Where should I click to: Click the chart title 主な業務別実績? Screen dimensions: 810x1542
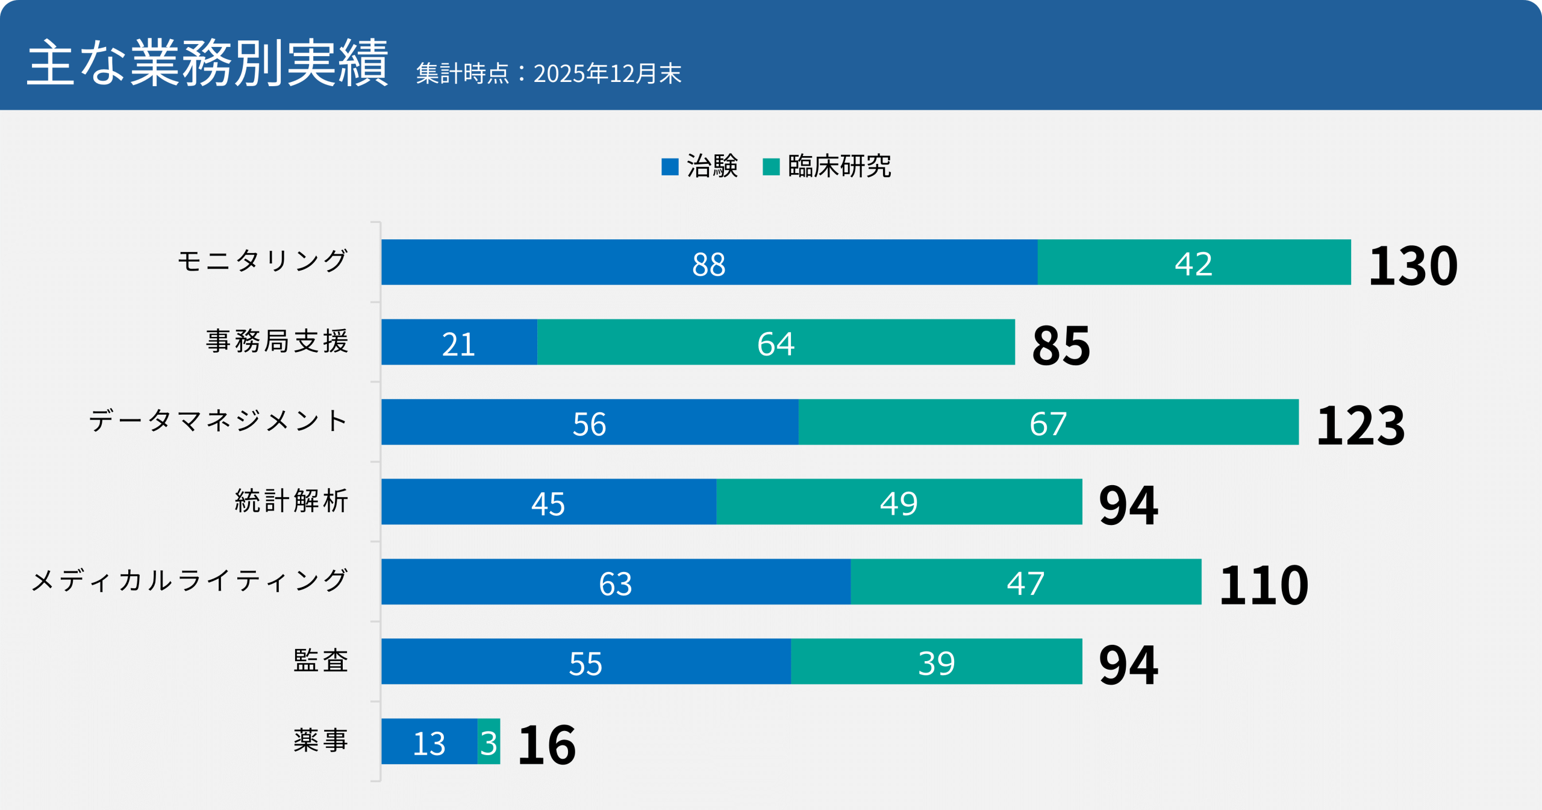pos(208,63)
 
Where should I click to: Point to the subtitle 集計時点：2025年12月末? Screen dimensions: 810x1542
pos(548,74)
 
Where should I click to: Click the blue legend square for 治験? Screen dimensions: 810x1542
pos(670,166)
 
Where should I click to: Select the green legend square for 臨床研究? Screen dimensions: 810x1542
pos(771,166)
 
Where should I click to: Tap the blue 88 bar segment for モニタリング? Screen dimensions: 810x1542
pos(709,262)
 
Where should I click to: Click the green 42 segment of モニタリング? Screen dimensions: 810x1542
pos(1194,262)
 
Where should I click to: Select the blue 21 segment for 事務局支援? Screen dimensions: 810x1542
pos(459,342)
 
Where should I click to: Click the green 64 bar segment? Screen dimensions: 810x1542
pos(776,342)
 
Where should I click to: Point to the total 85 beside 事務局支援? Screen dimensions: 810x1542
pos(1061,345)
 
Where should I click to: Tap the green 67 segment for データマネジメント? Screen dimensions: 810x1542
pos(1048,422)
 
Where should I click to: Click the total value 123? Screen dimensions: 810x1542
pos(1361,425)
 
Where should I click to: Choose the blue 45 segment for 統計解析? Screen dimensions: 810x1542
pos(548,502)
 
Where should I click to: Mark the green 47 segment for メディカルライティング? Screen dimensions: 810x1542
pos(1026,582)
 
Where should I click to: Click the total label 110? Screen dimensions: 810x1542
pos(1264,585)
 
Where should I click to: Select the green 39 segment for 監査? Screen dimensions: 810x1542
pos(936,662)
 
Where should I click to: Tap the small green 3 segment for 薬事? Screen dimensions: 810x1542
pos(489,741)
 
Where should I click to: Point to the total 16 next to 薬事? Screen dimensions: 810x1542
pos(547,745)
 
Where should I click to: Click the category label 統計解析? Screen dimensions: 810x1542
pos(292,501)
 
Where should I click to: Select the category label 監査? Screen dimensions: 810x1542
pos(320,661)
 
